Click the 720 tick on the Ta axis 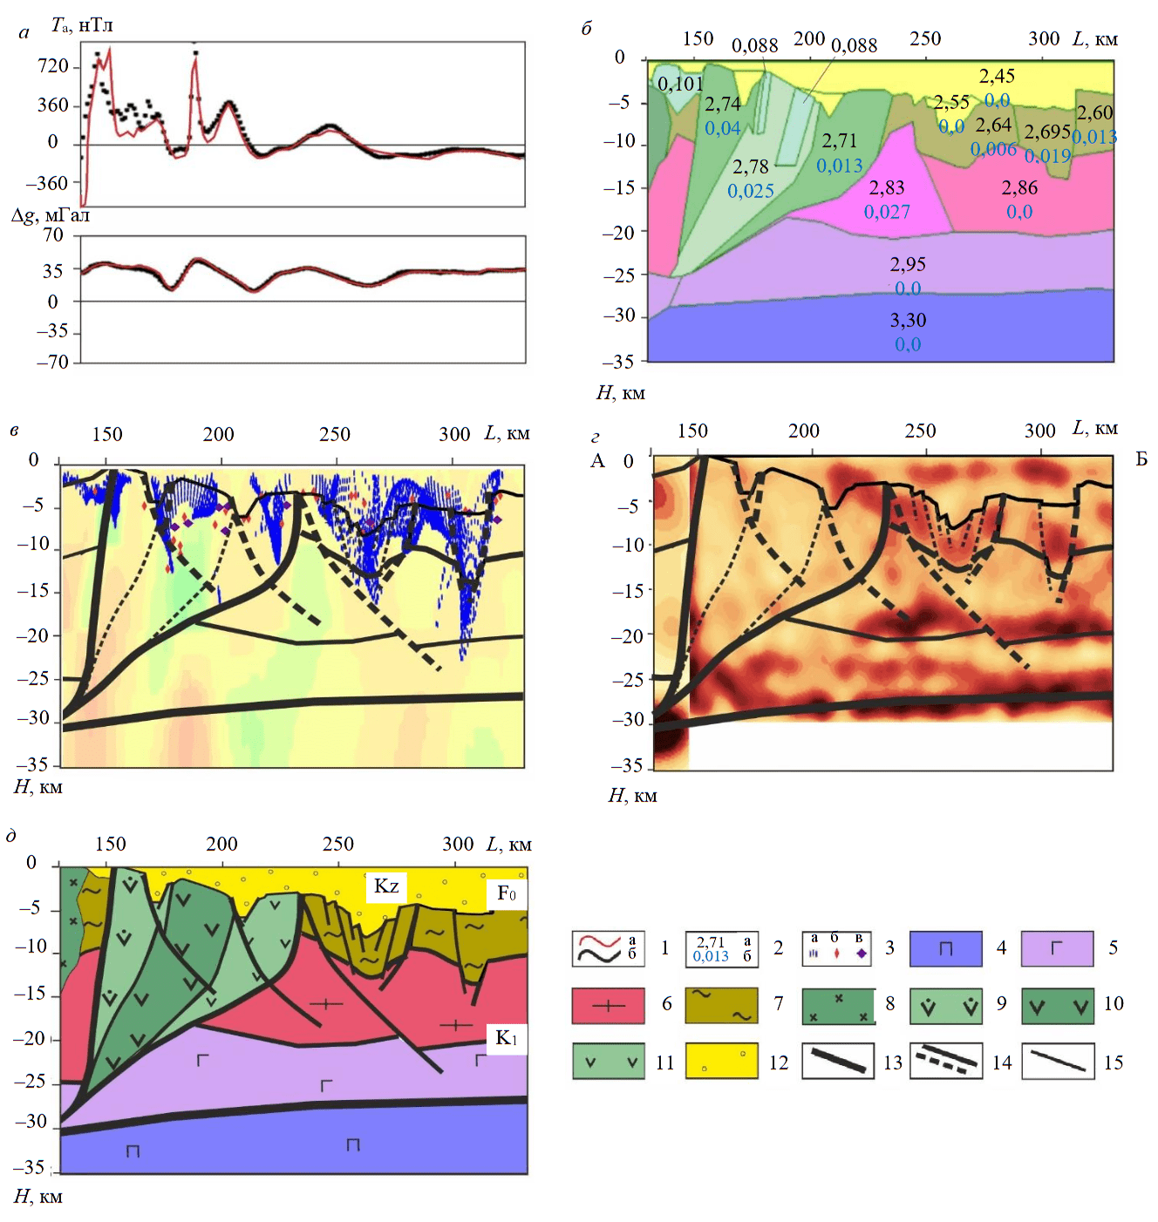point(53,67)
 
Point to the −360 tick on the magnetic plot point(47,183)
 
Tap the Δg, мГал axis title point(51,215)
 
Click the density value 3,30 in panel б point(908,321)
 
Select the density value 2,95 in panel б point(908,265)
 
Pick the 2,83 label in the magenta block point(887,188)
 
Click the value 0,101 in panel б point(680,85)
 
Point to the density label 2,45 point(997,77)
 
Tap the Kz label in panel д point(386,886)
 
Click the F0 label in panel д point(507,893)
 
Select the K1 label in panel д point(507,1038)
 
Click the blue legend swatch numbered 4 point(945,948)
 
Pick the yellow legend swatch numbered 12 point(722,1062)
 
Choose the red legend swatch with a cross point(609,1005)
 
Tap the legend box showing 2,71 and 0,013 point(722,948)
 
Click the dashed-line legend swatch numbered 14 point(945,1062)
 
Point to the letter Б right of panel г point(1141,459)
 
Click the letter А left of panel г point(597,460)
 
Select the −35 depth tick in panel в point(32,764)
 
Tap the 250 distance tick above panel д point(338,844)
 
